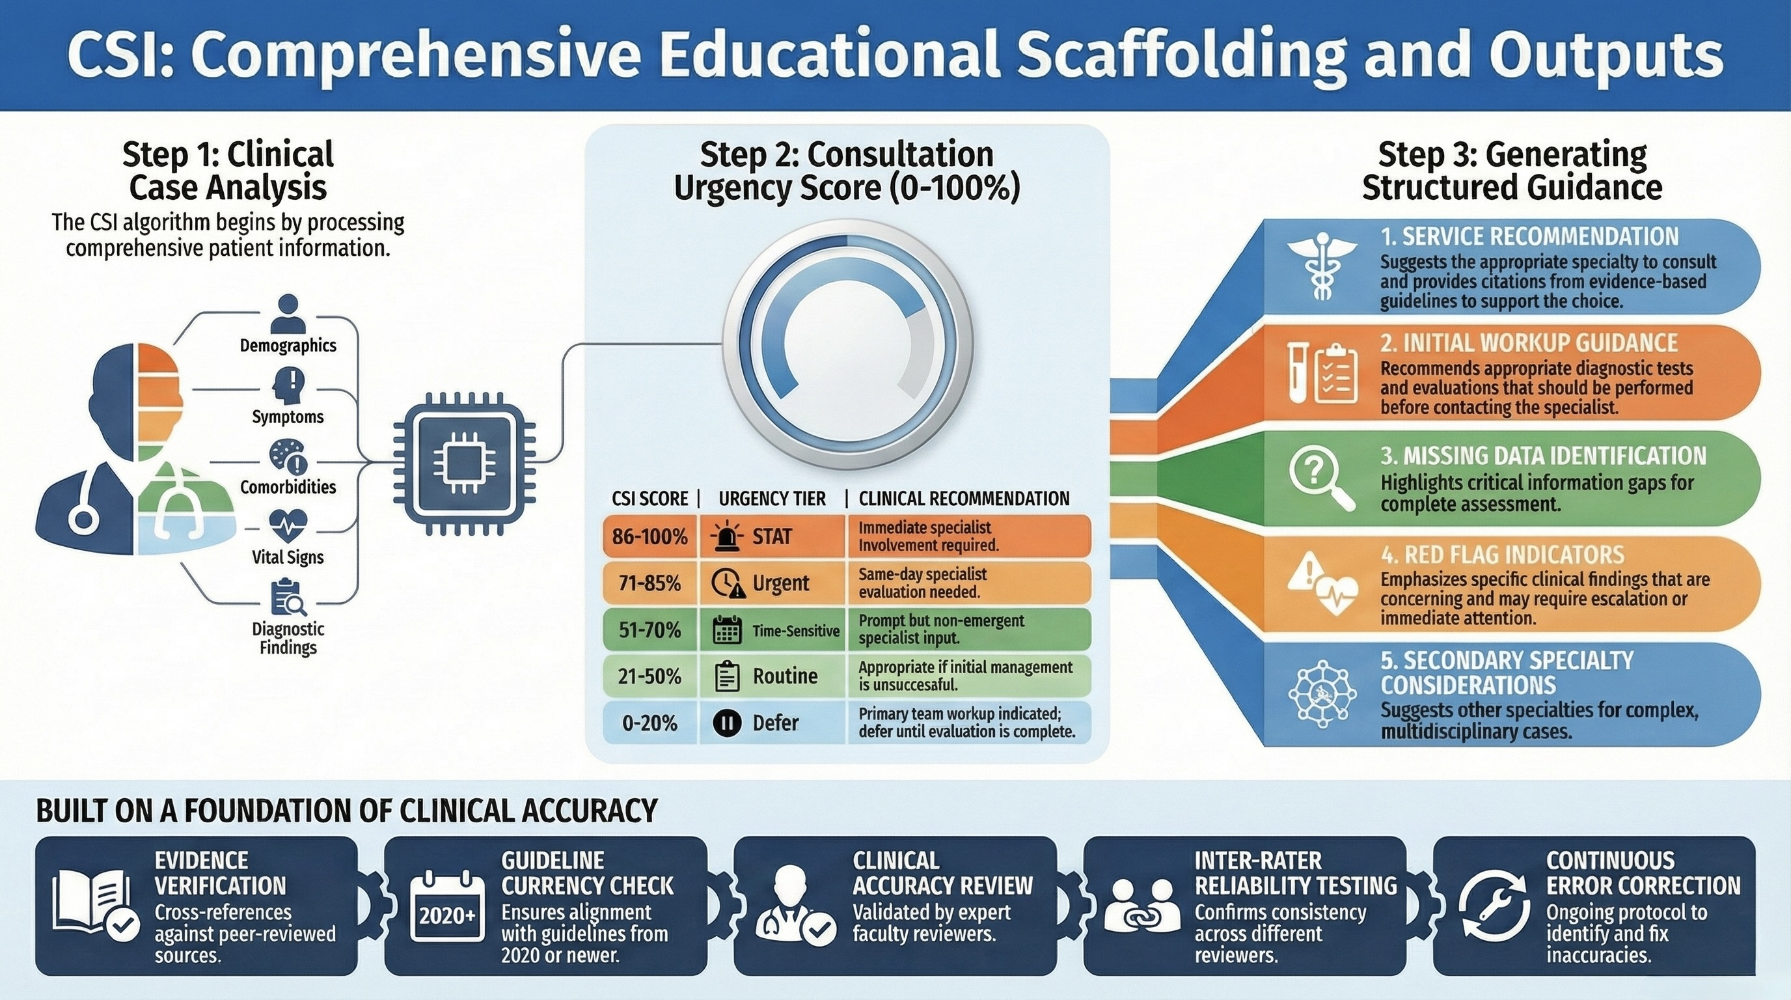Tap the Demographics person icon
coord(288,314)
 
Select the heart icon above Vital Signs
coord(287,526)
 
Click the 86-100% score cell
coord(650,536)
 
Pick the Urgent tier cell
coord(772,583)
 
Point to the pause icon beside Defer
coord(727,723)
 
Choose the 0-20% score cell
coord(650,723)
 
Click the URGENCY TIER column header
coord(772,499)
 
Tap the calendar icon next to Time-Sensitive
coord(727,630)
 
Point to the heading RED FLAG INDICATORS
coord(1503,555)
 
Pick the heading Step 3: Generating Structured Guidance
coord(1512,171)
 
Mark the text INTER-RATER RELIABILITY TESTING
coord(1295,873)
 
